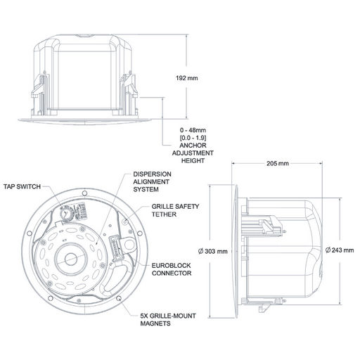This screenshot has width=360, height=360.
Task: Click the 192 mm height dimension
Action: point(187,78)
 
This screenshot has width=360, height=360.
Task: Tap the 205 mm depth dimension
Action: point(278,163)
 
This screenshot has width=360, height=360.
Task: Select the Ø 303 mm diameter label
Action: point(213,252)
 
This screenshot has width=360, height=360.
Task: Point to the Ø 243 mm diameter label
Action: point(340,250)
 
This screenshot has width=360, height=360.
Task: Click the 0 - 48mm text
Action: point(193,130)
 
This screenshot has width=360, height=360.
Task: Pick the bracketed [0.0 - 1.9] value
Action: point(193,138)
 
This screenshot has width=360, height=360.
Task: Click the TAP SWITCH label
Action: point(22,186)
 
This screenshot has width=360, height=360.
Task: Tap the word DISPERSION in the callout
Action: point(152,174)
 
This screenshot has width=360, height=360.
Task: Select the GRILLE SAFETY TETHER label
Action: point(175,210)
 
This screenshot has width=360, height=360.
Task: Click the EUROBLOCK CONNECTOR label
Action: point(172,269)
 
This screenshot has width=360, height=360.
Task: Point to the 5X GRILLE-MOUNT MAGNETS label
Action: point(168,320)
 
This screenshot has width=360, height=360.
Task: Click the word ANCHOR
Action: point(193,146)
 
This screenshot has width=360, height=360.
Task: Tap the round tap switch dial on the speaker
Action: point(65,212)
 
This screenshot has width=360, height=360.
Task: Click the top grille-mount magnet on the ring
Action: point(84,193)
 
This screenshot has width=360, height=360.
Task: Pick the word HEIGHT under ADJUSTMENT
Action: point(193,160)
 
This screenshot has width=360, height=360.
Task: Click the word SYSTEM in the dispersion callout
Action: point(146,189)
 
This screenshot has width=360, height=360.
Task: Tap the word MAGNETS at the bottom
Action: point(155,323)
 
